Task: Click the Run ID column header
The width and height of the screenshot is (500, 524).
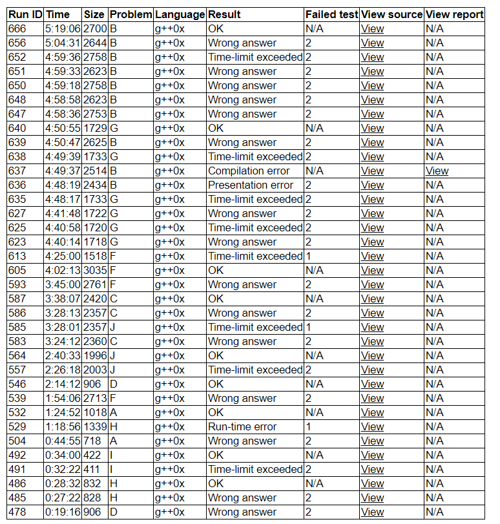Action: point(25,14)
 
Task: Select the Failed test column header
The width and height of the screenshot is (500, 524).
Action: point(331,14)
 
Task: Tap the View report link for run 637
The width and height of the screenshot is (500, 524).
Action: point(437,171)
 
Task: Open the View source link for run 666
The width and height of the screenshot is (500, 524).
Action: point(372,28)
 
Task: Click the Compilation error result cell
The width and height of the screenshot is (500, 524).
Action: point(249,171)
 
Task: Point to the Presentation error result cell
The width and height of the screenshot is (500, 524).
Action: point(250,185)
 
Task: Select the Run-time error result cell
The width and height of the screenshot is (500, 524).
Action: point(242,426)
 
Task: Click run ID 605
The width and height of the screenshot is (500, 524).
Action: point(17,270)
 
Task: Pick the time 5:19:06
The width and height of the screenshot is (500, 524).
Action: point(62,28)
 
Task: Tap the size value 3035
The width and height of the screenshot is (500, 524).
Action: point(94,270)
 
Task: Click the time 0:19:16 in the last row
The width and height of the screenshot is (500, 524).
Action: point(62,512)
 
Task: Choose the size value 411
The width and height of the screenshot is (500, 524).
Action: point(92,469)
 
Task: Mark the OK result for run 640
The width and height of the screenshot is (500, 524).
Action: point(216,128)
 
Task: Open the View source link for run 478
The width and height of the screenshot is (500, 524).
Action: point(372,512)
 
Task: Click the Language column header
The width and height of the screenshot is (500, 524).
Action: point(180,14)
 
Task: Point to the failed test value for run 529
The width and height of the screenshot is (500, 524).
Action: point(308,426)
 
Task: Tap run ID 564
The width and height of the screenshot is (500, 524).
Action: point(17,355)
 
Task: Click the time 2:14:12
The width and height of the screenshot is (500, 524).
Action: point(62,384)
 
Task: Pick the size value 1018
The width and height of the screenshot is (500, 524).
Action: point(94,412)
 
